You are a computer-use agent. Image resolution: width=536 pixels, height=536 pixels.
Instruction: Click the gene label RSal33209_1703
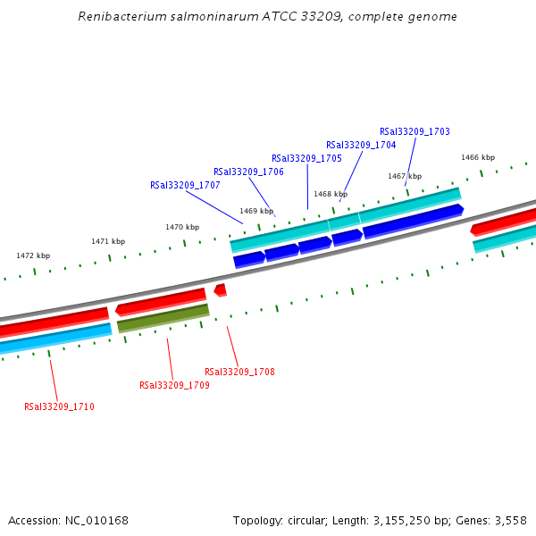[x=415, y=131]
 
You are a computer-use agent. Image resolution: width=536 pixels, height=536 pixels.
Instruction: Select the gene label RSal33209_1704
[x=361, y=145]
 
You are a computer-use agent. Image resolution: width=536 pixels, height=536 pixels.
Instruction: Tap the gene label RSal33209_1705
[x=306, y=158]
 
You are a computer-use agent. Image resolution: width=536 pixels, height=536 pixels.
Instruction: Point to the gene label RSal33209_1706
[x=248, y=172]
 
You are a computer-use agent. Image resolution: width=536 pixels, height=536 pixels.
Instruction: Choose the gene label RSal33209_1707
[x=185, y=185]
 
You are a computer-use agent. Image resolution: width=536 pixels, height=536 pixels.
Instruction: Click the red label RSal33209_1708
[x=239, y=372]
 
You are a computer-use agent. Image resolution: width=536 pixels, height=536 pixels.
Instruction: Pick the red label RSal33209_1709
[x=174, y=385]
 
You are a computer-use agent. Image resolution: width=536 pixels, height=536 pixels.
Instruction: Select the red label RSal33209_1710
[x=59, y=406]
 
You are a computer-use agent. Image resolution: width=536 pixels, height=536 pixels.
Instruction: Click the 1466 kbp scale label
[x=478, y=157]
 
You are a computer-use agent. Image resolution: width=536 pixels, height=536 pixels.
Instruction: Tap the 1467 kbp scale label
[x=405, y=176]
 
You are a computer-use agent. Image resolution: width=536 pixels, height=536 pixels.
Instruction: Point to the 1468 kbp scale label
[x=331, y=194]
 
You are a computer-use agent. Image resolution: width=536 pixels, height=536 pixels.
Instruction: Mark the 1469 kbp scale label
[x=256, y=211]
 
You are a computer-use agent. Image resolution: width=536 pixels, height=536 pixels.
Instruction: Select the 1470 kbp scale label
[x=182, y=227]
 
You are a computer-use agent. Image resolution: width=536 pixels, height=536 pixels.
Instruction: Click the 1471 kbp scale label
[x=108, y=241]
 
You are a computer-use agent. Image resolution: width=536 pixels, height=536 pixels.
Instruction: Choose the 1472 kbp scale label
[x=33, y=255]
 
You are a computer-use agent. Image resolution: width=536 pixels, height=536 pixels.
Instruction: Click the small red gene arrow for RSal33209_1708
[x=220, y=290]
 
